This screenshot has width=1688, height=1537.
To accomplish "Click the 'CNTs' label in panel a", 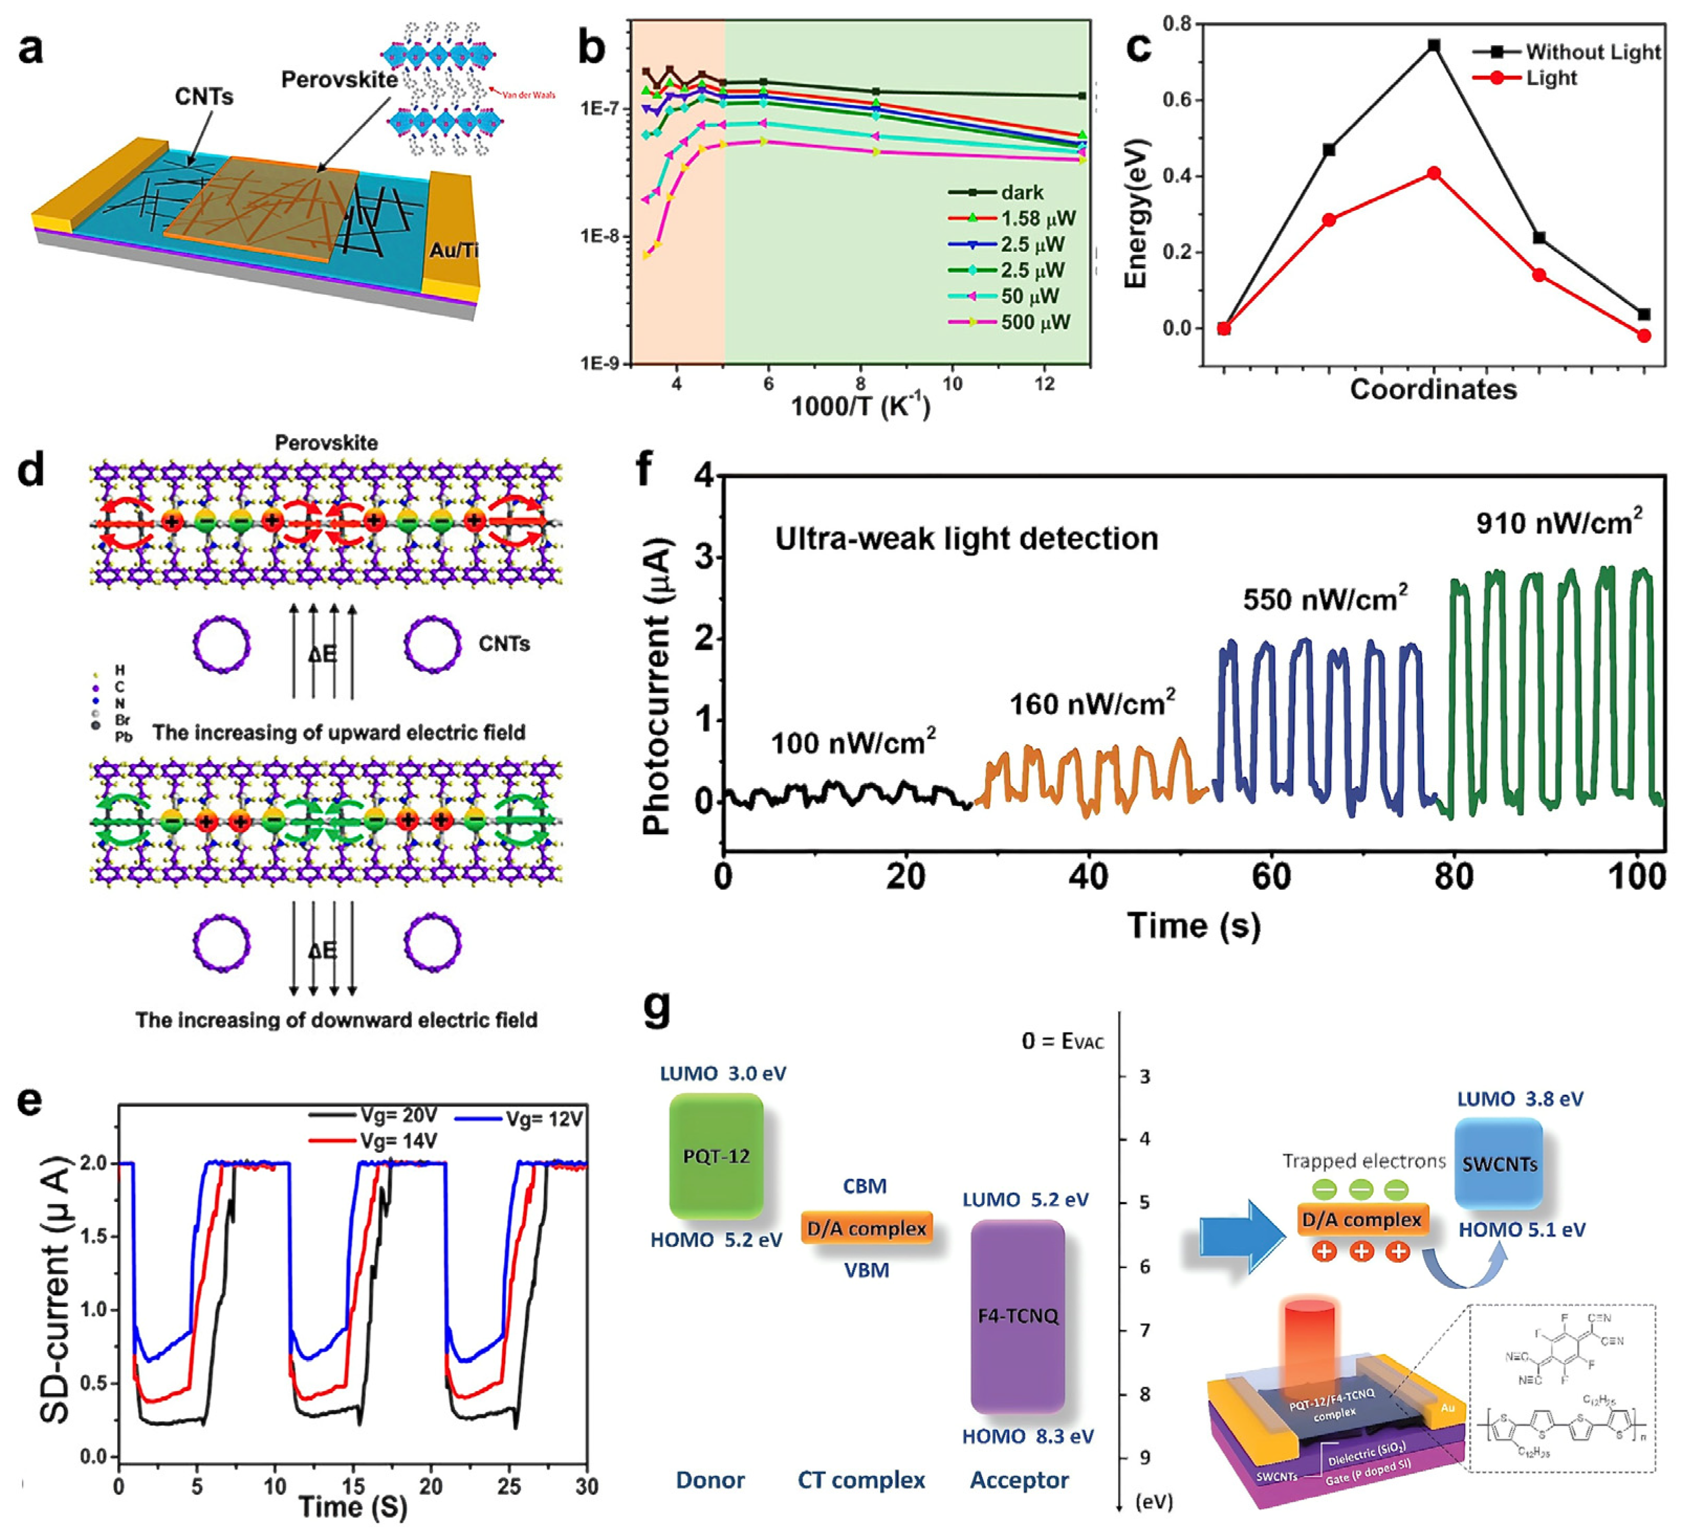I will (204, 97).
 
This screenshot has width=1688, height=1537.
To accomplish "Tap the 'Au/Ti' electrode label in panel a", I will (453, 250).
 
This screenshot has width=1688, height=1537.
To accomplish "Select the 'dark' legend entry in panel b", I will (1022, 193).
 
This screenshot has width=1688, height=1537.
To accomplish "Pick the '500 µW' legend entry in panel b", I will (1034, 322).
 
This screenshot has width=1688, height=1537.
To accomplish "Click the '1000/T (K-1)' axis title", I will (860, 406).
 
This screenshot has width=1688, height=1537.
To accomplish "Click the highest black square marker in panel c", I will (1434, 45).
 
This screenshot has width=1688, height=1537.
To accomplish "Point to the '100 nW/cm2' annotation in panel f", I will (852, 743).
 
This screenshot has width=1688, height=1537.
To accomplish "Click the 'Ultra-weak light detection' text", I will (966, 538).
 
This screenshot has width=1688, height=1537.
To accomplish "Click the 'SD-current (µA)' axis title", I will (55, 1289).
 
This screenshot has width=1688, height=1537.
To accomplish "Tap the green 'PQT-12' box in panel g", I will (716, 1156).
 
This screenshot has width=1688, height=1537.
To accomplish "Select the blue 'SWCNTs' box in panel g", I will (1499, 1164).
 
